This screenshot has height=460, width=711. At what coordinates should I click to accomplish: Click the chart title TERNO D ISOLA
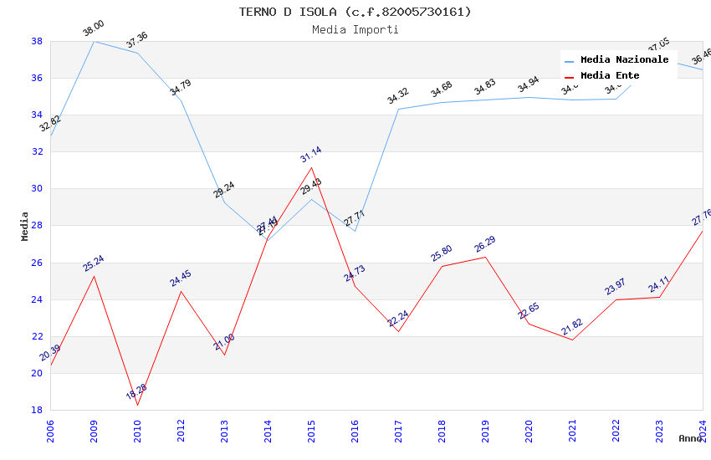355,12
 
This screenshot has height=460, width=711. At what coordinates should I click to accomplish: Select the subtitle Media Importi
355,29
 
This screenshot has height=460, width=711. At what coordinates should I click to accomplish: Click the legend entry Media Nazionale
624,59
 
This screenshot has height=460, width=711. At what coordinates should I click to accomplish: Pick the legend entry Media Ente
610,75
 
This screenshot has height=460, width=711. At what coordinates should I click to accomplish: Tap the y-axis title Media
25,226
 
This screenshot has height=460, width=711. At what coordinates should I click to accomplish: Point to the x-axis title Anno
690,438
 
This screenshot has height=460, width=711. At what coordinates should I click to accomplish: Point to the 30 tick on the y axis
37,189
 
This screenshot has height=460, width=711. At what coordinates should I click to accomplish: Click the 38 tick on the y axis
37,41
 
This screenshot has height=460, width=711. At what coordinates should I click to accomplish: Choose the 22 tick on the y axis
37,336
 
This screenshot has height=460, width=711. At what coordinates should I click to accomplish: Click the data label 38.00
93,29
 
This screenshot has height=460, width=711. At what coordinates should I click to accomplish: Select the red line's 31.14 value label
310,155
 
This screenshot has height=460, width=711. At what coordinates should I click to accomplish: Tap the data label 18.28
136,391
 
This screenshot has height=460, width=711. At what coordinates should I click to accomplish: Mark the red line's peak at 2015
311,167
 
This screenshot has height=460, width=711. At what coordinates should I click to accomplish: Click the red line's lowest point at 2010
137,405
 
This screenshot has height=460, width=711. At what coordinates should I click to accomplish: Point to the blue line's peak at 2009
94,41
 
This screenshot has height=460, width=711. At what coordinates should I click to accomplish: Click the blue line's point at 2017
398,109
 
